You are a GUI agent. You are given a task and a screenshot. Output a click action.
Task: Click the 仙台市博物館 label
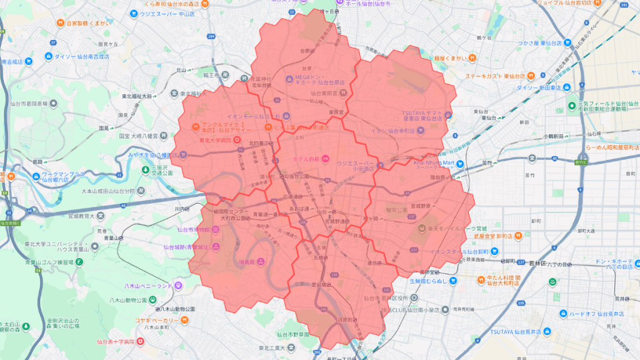pyautogui.click(x=194, y=229)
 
